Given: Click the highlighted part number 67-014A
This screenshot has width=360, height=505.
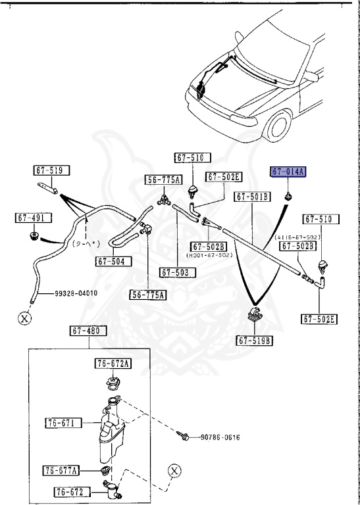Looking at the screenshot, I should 288,172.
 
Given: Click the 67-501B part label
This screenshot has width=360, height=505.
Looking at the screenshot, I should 253,196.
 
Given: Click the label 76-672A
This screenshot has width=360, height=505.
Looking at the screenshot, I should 113,364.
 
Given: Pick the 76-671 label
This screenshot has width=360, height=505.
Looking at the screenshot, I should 63,423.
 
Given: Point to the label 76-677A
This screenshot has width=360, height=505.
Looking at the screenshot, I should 61,470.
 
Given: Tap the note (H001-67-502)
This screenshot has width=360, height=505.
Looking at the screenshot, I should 208,255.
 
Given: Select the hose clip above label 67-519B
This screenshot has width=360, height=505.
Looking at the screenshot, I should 254,315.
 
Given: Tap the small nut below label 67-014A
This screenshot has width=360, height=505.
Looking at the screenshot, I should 288,197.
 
